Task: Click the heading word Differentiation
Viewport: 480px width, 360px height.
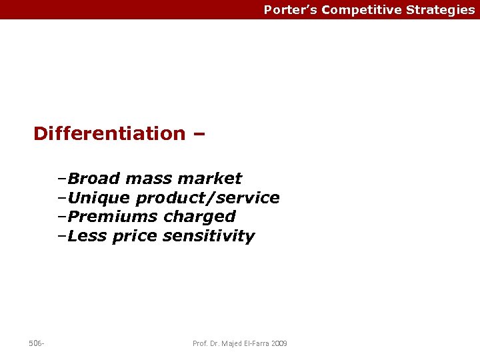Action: coord(109,133)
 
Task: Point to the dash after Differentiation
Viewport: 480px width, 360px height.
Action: coord(198,133)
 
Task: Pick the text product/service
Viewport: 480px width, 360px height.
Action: coord(207,198)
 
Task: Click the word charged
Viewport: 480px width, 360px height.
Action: coord(199,217)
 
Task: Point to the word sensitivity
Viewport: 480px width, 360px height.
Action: coord(209,236)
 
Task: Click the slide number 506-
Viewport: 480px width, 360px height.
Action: coord(37,343)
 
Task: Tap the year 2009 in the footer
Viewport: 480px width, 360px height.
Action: coord(279,343)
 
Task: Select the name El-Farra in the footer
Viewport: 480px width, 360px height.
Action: coord(254,343)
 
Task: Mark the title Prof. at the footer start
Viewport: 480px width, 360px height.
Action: coord(199,343)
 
